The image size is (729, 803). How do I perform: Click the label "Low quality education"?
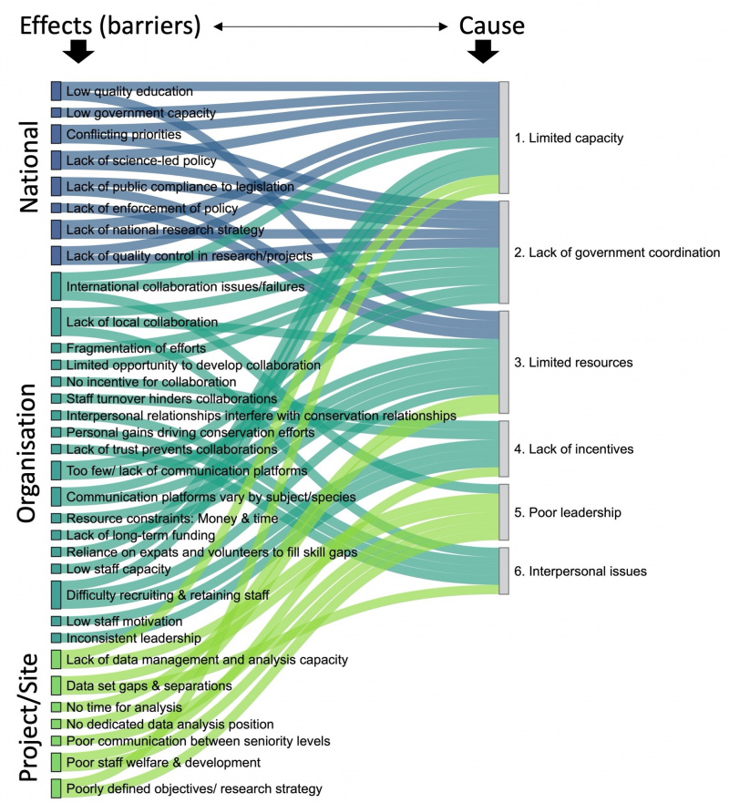[x=129, y=91]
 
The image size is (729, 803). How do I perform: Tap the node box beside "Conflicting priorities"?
[x=56, y=134]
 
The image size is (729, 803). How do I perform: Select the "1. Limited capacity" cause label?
[x=569, y=138]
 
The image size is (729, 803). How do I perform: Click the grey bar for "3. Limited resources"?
[x=504, y=362]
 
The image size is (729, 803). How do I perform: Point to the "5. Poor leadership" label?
[x=567, y=512]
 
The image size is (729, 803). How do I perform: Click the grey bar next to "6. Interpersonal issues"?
[x=504, y=571]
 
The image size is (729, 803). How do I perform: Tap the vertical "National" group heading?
[x=29, y=167]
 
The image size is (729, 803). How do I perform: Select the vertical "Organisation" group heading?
[x=27, y=453]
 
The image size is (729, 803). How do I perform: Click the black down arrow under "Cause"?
[x=483, y=51]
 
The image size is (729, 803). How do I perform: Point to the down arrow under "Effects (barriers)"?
[x=77, y=51]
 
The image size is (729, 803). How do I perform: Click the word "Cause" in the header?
[x=491, y=26]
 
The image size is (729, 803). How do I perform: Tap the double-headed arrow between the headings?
[x=331, y=26]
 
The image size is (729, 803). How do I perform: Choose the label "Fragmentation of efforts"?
[x=136, y=348]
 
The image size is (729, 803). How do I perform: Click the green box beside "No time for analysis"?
[x=56, y=707]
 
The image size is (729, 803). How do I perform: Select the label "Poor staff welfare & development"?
[x=163, y=762]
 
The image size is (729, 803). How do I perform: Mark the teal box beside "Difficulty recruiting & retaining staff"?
[x=56, y=594]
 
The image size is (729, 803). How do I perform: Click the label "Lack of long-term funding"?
[x=140, y=535]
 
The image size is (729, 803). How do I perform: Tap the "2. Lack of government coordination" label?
[x=617, y=252]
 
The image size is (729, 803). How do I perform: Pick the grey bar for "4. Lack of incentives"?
[x=504, y=448]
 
